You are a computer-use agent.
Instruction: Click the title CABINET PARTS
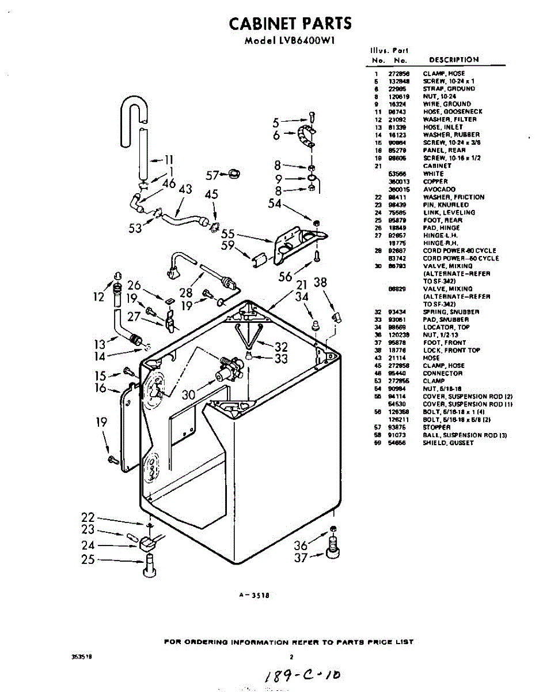pos(290,24)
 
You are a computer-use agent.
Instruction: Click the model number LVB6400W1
pos(290,41)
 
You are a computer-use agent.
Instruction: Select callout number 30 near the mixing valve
pos(189,395)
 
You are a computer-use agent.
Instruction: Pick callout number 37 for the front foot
pos(301,557)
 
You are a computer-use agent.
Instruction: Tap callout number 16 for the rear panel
pos(101,388)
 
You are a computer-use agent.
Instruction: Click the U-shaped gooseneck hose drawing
pos(134,112)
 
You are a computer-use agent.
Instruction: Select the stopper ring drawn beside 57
pos(233,173)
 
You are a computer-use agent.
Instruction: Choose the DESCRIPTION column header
pos(454,60)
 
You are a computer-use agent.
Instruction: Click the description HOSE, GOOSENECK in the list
pos(453,112)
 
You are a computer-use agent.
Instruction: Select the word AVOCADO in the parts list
pos(439,189)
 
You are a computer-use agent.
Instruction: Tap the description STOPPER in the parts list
pos(436,427)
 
